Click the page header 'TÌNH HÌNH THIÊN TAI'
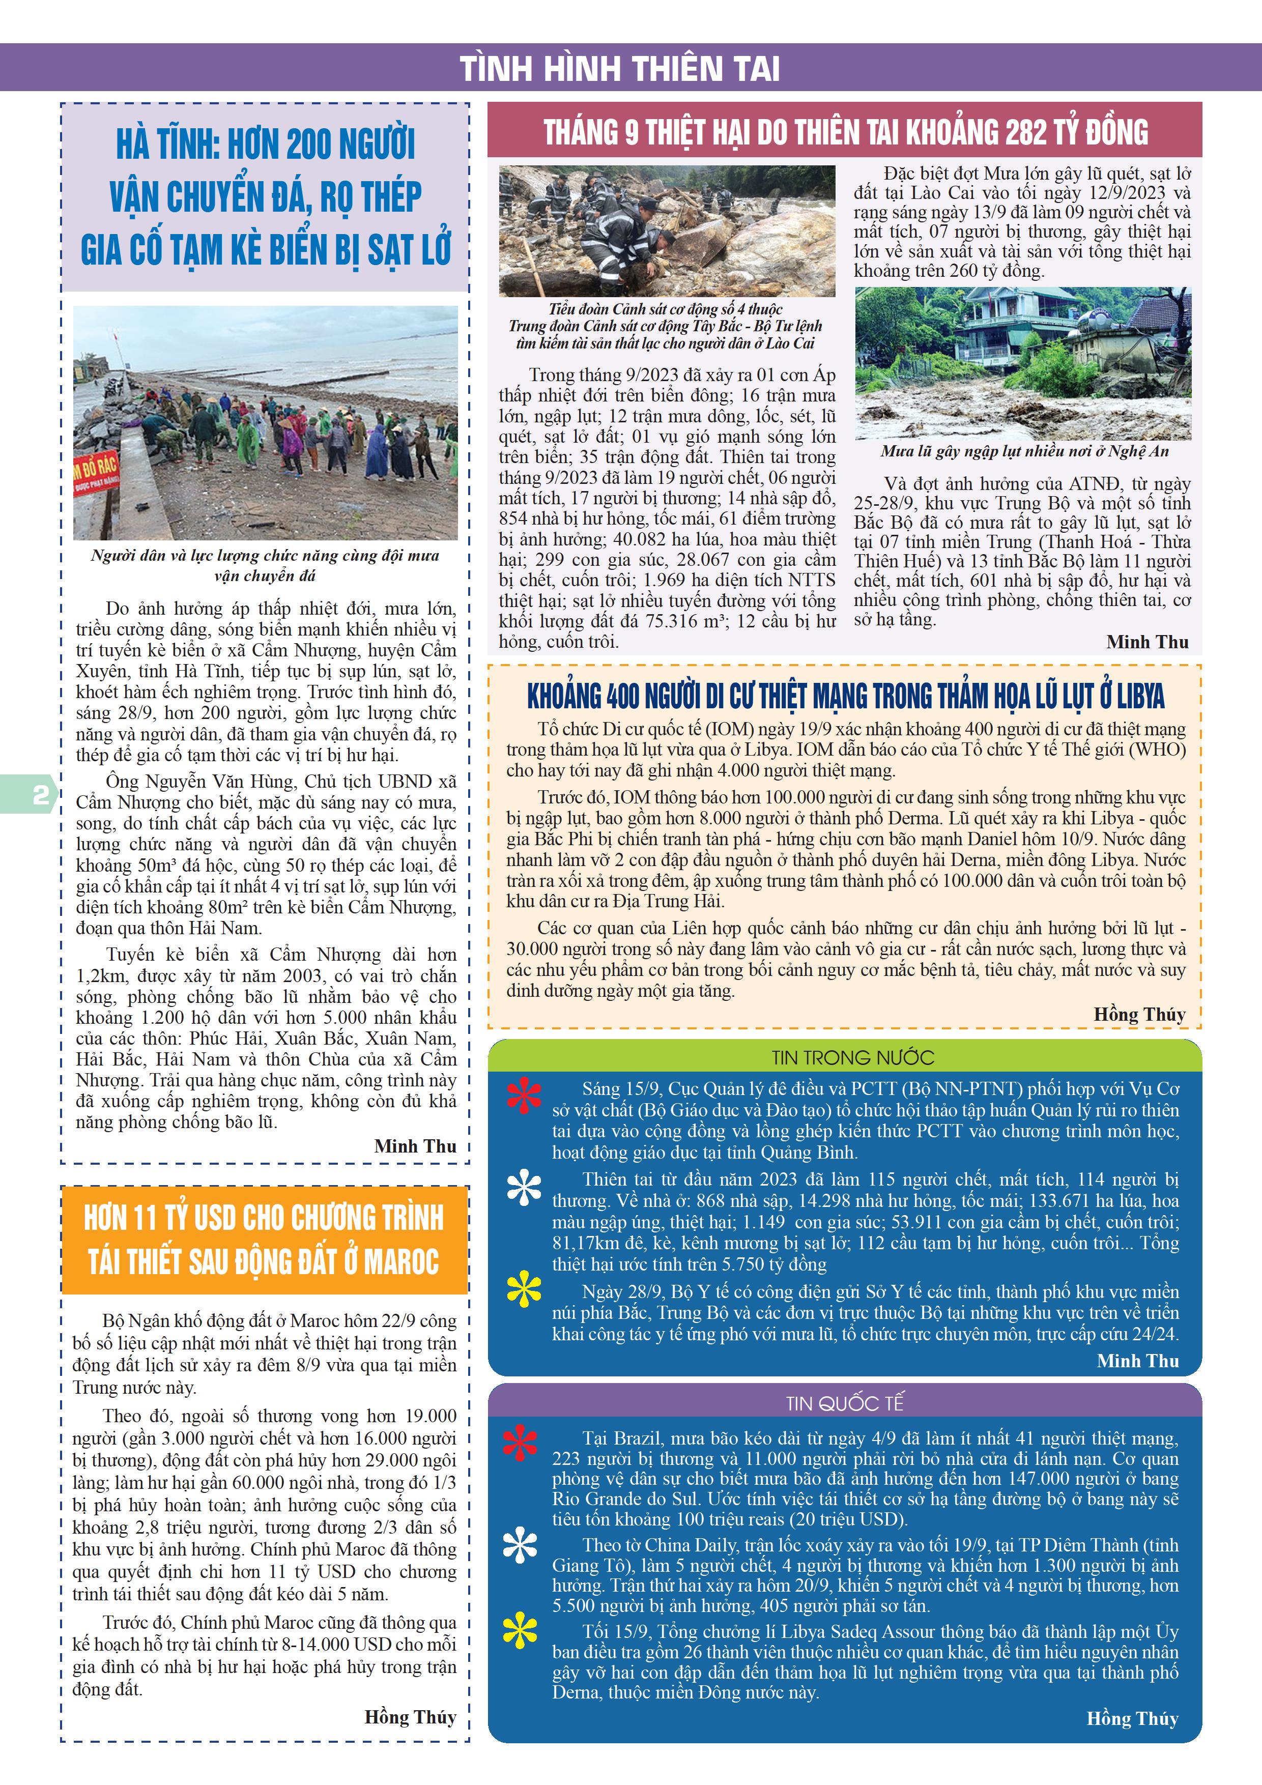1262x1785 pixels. click(x=620, y=68)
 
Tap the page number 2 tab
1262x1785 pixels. click(x=39, y=794)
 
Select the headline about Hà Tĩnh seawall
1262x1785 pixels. click(x=265, y=197)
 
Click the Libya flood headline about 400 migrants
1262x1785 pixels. click(x=845, y=696)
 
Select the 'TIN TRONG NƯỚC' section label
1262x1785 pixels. click(x=852, y=1057)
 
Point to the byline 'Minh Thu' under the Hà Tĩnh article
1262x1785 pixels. click(x=415, y=1146)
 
